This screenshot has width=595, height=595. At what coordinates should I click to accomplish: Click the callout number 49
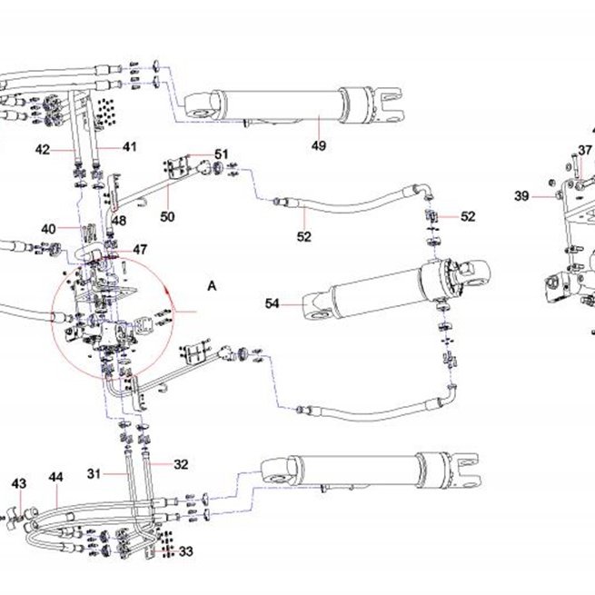(x=319, y=145)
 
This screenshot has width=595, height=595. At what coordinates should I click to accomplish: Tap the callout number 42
(x=43, y=150)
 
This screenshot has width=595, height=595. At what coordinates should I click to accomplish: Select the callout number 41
(x=129, y=147)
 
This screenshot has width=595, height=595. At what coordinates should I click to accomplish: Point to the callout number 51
(x=222, y=154)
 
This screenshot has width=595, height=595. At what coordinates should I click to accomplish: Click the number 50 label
(x=167, y=217)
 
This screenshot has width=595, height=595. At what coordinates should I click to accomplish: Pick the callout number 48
(x=119, y=221)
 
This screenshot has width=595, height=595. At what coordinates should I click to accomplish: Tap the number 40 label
(x=48, y=229)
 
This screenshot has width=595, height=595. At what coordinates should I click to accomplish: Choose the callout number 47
(x=140, y=249)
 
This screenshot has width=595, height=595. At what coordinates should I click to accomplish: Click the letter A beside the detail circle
(x=212, y=286)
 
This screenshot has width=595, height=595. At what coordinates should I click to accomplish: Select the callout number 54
(x=273, y=303)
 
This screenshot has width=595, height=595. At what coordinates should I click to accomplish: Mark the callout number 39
(x=521, y=196)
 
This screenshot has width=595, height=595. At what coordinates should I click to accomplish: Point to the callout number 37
(x=585, y=150)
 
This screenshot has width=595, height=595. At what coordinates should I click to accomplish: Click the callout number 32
(x=181, y=464)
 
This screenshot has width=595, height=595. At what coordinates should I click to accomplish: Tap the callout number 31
(x=94, y=473)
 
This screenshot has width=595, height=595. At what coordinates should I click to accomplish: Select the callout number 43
(x=19, y=483)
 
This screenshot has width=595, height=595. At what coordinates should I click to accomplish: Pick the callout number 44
(x=55, y=477)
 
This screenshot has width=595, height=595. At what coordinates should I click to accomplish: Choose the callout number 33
(x=185, y=551)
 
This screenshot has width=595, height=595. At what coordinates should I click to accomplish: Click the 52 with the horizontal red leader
(x=468, y=216)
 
